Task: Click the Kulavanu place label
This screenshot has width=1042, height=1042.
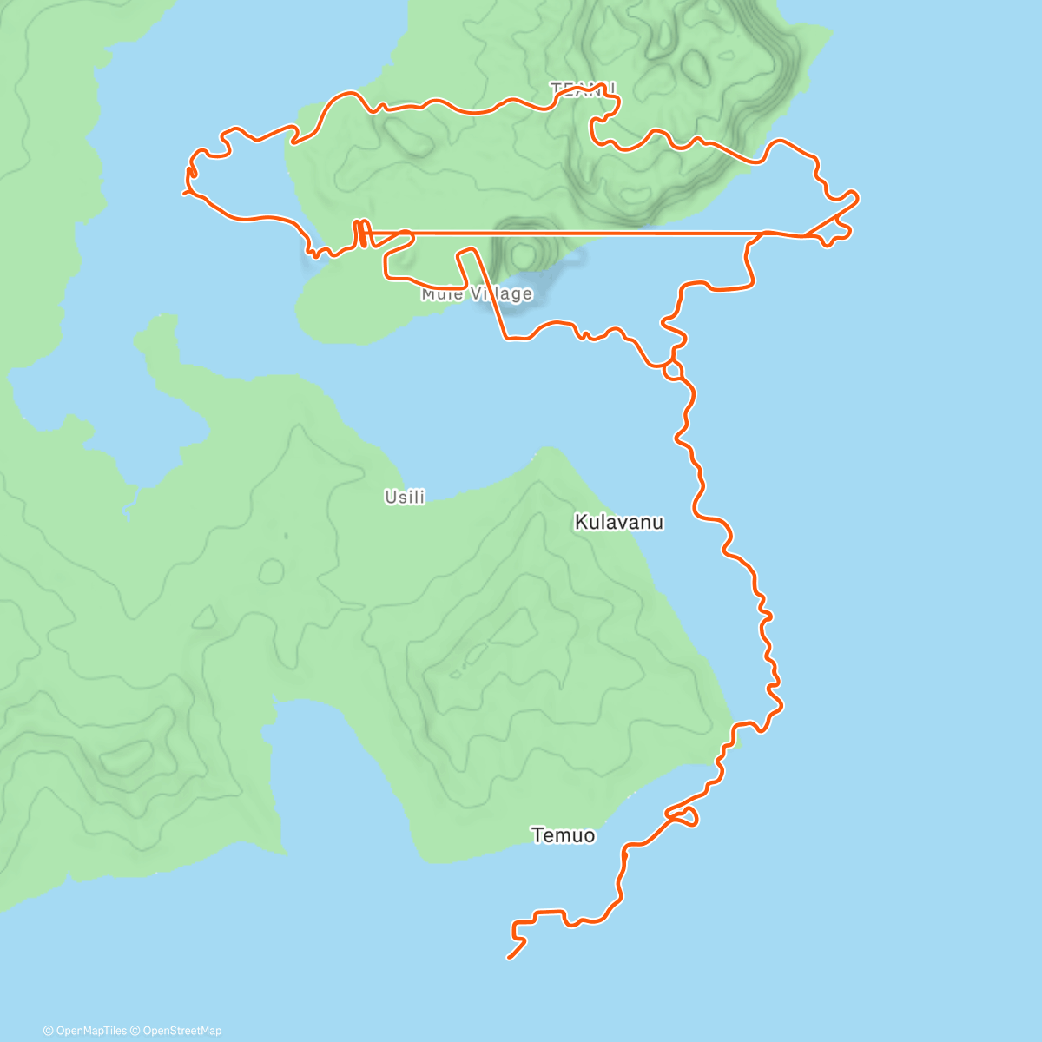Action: click(618, 522)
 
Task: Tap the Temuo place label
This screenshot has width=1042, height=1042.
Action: click(563, 835)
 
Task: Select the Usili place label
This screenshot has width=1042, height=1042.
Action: click(405, 497)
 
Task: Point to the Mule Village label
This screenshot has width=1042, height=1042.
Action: click(476, 294)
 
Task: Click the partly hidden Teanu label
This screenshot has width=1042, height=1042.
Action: click(583, 89)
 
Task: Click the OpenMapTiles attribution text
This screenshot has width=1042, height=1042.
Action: click(85, 1031)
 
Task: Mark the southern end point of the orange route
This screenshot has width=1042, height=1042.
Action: click(508, 958)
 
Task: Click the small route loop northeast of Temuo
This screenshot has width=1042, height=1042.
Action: click(683, 816)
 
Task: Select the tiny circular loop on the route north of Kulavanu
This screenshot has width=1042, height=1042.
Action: click(671, 371)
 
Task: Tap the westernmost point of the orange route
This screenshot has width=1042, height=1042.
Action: click(183, 192)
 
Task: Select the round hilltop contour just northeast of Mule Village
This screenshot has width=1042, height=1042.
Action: click(523, 254)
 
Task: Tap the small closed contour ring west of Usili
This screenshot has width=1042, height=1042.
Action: click(271, 571)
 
